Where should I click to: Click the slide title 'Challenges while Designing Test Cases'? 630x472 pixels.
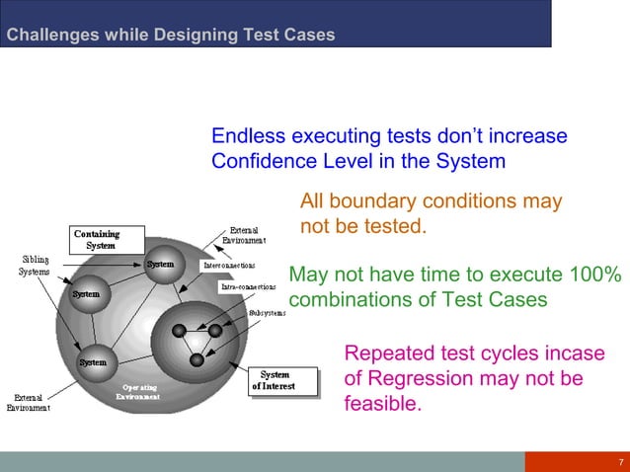tap(171, 36)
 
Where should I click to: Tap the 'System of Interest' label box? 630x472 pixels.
tap(285, 380)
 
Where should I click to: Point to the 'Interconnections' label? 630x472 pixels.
tap(229, 266)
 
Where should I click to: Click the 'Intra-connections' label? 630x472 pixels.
tap(247, 287)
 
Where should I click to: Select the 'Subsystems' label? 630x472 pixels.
tap(267, 312)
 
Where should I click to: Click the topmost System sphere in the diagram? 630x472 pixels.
tap(160, 266)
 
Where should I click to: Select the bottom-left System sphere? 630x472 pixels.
tap(93, 363)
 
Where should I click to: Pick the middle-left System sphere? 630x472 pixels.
tap(85, 295)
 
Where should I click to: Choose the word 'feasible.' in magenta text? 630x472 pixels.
tap(382, 404)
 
